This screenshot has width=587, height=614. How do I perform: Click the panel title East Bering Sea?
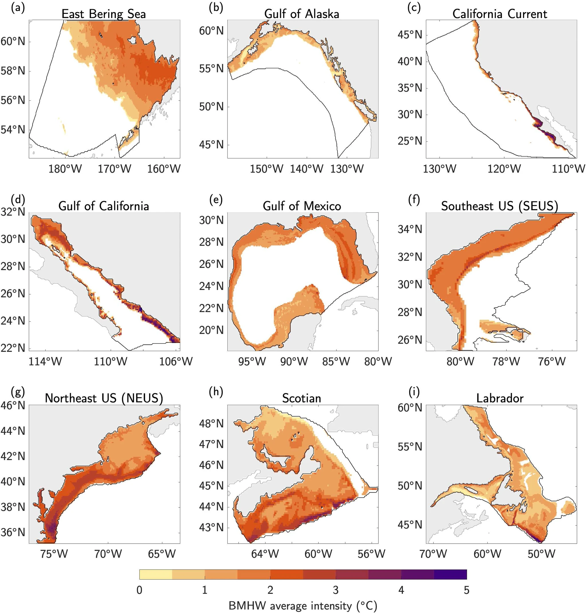point(104,14)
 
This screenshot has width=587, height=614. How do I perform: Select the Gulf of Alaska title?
point(302,14)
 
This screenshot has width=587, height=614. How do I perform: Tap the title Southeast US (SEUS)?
point(500,206)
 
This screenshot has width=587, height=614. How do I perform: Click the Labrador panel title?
point(500,398)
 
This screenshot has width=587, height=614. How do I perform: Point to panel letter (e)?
point(216,200)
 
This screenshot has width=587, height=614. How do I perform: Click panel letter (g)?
point(18,392)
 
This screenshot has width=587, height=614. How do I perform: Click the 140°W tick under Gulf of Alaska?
point(306,169)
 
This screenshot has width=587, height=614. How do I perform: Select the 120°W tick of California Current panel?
point(504,169)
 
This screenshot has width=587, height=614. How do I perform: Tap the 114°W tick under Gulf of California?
point(45,362)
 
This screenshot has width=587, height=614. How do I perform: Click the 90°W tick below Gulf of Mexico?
point(294,362)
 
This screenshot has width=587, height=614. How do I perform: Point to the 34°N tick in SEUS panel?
point(410,230)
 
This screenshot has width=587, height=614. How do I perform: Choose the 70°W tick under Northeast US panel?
point(108,554)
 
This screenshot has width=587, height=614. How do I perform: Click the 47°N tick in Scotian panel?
point(211,444)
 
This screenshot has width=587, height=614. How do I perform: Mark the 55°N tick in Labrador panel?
point(410,447)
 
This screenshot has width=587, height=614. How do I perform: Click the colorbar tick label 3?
point(335,590)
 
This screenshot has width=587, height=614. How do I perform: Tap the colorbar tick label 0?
point(140,590)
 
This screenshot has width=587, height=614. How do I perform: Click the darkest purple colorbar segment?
point(450,574)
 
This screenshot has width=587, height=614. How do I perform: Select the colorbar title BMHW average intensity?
point(303,606)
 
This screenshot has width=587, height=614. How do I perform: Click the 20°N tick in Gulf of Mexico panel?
point(211,330)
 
